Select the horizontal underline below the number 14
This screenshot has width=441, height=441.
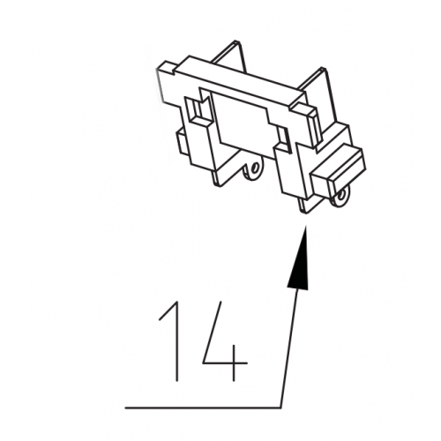(203, 407)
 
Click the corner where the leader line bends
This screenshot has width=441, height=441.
(280, 407)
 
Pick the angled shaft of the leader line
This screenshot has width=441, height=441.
(288, 347)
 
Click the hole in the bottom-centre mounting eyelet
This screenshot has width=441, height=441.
(255, 168)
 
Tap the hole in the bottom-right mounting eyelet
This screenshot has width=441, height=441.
(341, 195)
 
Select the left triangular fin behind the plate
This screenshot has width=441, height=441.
(228, 56)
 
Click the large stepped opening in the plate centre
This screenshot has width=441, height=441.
(244, 121)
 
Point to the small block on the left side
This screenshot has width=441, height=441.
(183, 144)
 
